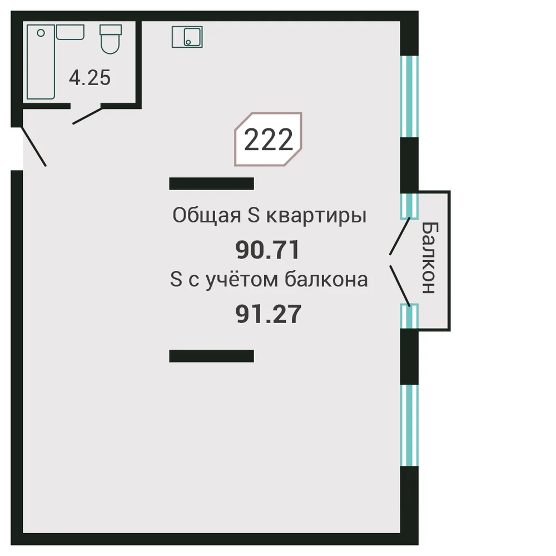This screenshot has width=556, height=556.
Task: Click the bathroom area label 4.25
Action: point(90,78)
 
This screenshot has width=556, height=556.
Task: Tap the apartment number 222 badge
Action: point(268,139)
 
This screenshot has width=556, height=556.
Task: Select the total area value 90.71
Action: point(268,250)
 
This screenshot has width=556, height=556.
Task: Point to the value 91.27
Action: point(269,314)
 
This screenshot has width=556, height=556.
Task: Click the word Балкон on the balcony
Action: point(430,258)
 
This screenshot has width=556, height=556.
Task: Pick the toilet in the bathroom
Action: point(111,39)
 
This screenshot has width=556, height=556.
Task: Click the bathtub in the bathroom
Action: point(41,62)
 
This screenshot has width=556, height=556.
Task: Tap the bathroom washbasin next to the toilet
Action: point(70,32)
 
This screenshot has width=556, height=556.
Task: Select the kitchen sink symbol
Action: point(187,37)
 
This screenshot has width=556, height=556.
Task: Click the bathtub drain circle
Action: point(41,33)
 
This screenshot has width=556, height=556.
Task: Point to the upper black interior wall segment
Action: point(212,183)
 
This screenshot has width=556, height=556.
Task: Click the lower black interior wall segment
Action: point(212,356)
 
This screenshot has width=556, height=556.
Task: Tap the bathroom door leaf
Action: point(88,116)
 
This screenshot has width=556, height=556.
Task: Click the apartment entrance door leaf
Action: point(34,146)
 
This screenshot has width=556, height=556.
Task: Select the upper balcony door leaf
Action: point(400,236)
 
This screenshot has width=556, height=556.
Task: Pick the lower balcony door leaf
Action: point(400,286)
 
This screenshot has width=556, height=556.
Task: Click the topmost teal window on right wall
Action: point(410,96)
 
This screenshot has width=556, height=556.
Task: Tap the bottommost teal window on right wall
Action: point(410,425)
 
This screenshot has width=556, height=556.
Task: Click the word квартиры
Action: point(316,216)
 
